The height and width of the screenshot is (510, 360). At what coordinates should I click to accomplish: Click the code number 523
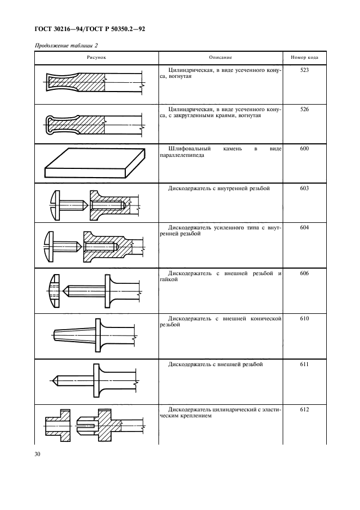(x=304, y=70)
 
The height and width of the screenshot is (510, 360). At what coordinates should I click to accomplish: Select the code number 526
(x=304, y=109)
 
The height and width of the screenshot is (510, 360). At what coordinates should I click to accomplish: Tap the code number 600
(x=304, y=148)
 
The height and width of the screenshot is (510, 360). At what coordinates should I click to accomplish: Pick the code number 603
(x=304, y=188)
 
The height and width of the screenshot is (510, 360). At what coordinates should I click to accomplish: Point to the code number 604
(x=304, y=228)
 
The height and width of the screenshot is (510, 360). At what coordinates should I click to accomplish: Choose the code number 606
(x=304, y=273)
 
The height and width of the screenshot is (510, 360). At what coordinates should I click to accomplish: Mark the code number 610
(x=304, y=318)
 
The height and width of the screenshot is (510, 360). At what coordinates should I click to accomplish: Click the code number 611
(x=304, y=364)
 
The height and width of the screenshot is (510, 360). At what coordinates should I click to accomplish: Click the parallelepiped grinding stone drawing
(x=95, y=163)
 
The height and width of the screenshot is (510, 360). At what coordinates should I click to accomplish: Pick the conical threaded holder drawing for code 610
(x=96, y=334)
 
